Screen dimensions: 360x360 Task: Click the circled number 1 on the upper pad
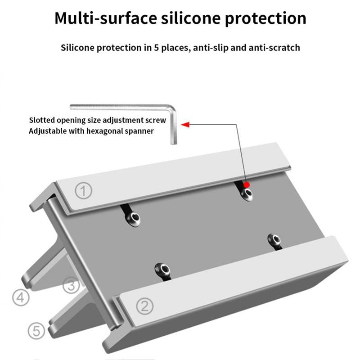83,191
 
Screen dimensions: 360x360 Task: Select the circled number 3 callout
71,285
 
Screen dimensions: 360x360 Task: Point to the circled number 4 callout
20,297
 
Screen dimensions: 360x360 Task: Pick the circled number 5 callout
36,331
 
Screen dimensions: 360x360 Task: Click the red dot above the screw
247,184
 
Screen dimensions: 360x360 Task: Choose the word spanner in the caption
140,131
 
